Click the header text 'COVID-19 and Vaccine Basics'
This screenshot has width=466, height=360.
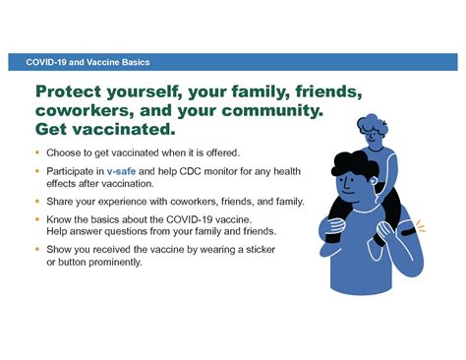(x=81, y=62)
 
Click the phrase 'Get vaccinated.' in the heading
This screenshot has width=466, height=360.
(x=105, y=129)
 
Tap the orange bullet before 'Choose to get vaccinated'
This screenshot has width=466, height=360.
(x=36, y=152)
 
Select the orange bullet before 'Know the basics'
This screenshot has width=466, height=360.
(x=36, y=218)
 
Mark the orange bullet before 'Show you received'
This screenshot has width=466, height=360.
(x=36, y=249)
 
